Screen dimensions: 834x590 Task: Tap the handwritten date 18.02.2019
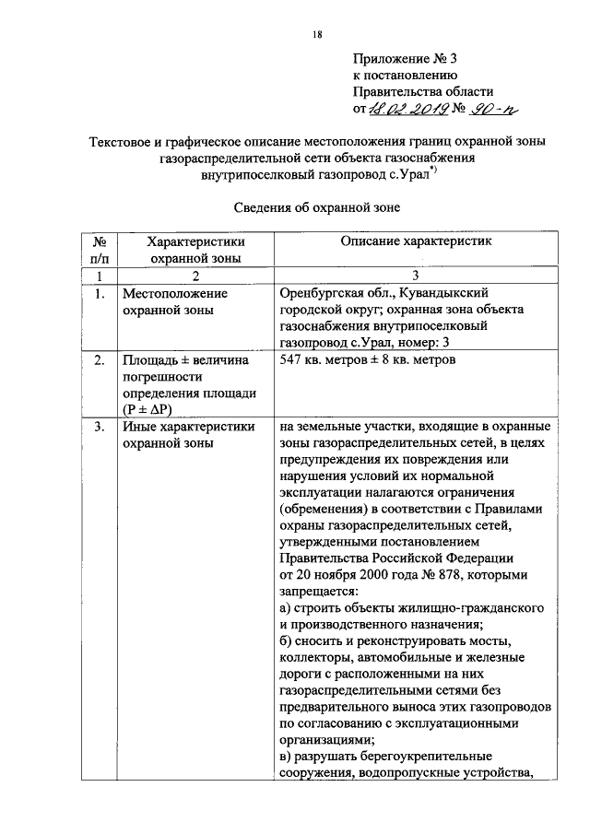pyautogui.click(x=407, y=109)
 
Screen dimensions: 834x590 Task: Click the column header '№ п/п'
pyautogui.click(x=100, y=250)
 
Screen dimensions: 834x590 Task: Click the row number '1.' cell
pyautogui.click(x=100, y=293)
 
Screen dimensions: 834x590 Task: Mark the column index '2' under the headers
pyautogui.click(x=195, y=275)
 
